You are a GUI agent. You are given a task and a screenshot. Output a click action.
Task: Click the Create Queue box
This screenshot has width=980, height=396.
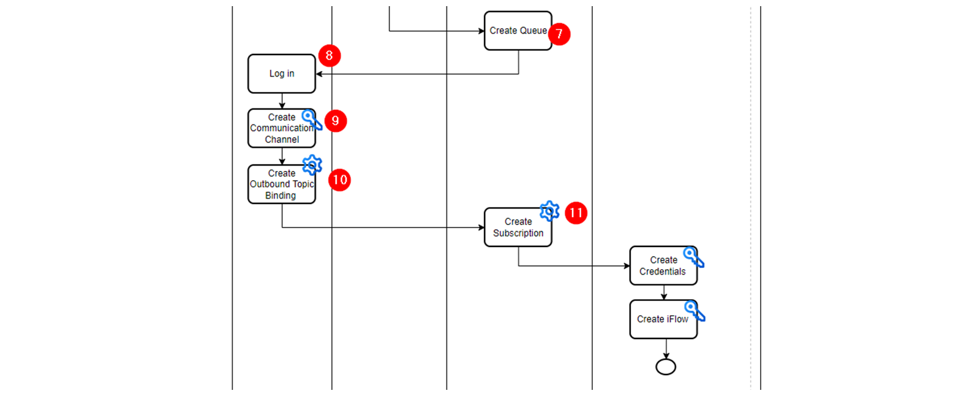518,31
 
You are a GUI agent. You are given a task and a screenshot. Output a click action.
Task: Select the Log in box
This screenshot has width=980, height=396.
282,74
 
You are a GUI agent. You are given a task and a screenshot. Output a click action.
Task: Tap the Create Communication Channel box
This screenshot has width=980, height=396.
282,128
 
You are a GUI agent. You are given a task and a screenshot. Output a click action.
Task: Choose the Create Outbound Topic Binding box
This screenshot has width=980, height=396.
282,185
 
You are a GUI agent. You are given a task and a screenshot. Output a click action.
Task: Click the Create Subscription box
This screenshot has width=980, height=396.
518,227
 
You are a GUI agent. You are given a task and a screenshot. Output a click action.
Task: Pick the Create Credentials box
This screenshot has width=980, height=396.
663,265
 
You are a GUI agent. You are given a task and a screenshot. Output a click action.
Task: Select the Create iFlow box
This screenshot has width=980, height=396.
663,319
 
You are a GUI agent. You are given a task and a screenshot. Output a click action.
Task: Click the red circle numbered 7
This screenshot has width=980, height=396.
559,34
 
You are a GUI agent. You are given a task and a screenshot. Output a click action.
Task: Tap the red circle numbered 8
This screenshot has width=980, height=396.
330,56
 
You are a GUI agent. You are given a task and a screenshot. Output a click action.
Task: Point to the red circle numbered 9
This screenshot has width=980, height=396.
336,121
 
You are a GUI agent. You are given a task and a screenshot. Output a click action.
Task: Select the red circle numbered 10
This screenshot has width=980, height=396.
339,180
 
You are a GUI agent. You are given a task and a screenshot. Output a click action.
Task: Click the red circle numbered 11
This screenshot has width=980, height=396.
576,213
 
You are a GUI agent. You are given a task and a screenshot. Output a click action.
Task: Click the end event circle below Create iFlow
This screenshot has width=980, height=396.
666,367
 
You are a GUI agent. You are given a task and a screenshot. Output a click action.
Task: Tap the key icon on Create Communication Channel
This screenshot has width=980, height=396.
312,120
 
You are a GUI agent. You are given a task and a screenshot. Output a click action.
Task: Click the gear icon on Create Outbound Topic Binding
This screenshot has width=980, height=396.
312,165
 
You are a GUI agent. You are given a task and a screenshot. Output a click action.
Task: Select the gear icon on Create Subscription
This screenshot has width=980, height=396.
549,211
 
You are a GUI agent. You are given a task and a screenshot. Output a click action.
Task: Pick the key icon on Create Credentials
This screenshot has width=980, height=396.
694,257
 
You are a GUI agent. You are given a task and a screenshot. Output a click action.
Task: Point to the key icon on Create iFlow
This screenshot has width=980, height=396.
695,311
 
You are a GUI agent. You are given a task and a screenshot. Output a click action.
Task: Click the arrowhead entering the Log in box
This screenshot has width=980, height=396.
319,74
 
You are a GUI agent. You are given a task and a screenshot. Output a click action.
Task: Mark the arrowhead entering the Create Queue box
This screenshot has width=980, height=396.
481,31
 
